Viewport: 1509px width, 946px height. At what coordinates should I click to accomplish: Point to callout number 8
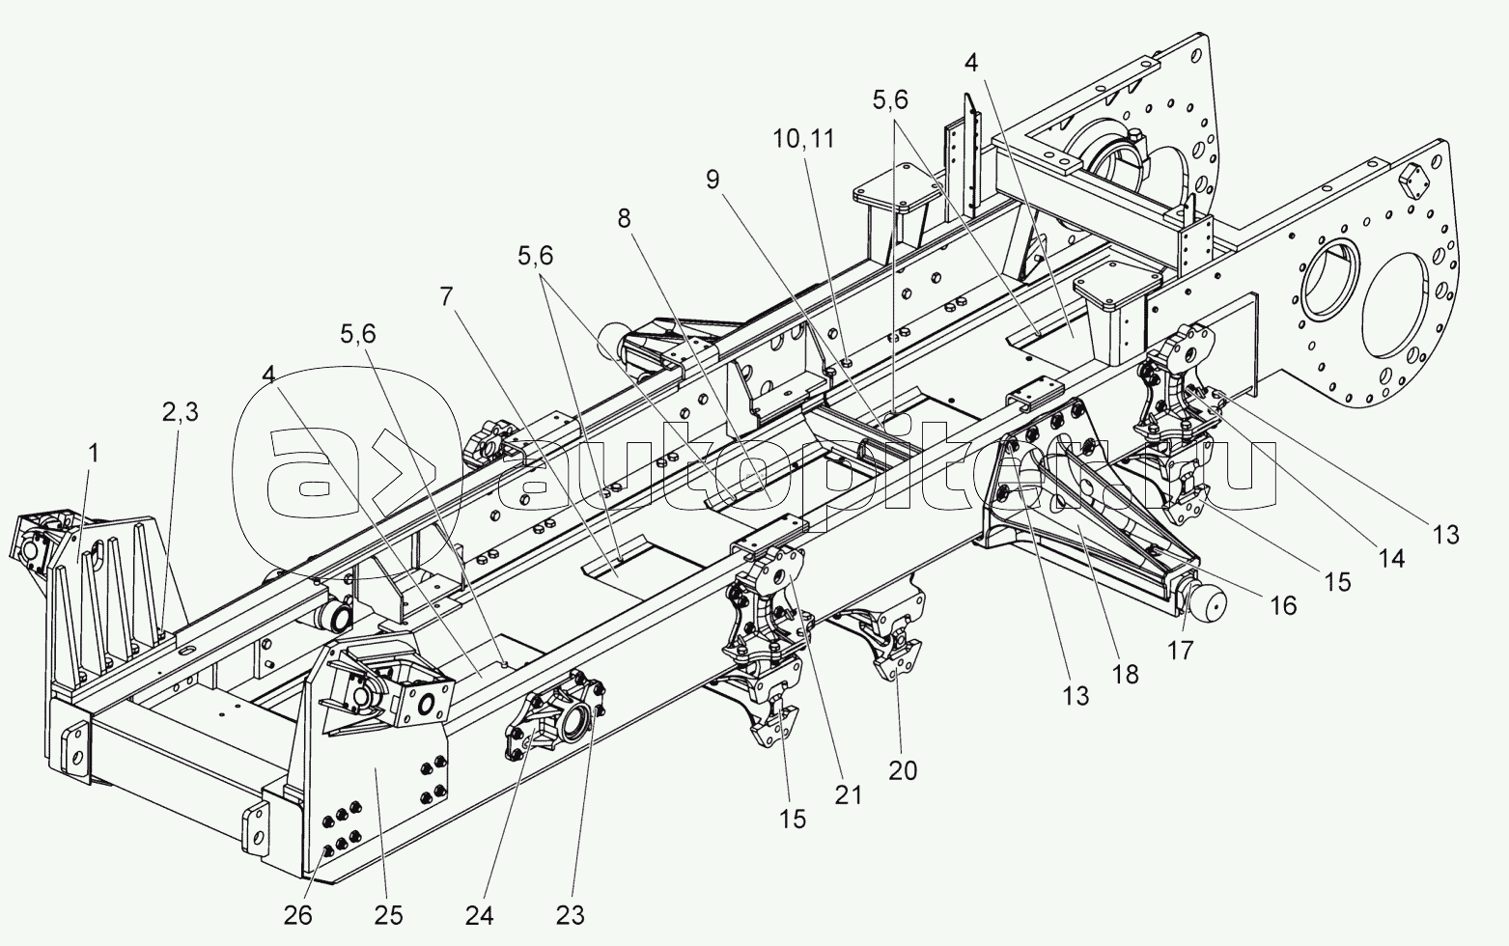(624, 219)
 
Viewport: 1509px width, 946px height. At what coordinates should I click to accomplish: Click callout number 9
(713, 180)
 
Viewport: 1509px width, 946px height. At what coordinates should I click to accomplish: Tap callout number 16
(1283, 605)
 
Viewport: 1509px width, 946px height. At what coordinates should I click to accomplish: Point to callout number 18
(1126, 673)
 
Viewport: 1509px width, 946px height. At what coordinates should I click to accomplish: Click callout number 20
(904, 770)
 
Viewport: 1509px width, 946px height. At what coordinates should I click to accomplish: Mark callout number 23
(570, 913)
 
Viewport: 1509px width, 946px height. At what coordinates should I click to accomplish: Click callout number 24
(483, 913)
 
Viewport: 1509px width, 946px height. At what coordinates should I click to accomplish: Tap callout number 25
(389, 913)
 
